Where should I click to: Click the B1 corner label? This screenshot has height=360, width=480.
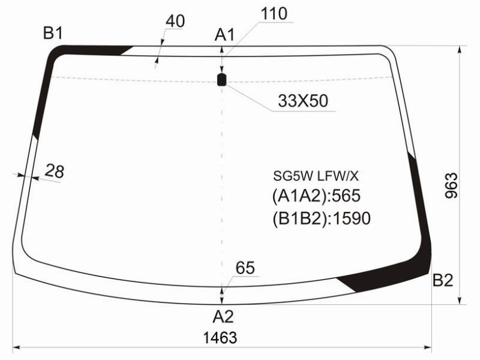pyautogui.click(x=53, y=33)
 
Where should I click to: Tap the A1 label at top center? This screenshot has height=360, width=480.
pyautogui.click(x=224, y=34)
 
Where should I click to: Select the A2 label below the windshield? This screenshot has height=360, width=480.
pyautogui.click(x=223, y=316)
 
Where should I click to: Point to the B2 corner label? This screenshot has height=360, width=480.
pyautogui.click(x=443, y=280)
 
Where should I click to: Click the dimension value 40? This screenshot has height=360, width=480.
pyautogui.click(x=175, y=21)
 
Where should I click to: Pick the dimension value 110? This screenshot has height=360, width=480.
pyautogui.click(x=274, y=14)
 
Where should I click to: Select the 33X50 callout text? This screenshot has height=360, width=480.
pyautogui.click(x=303, y=101)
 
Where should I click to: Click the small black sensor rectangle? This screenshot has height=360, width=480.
pyautogui.click(x=221, y=80)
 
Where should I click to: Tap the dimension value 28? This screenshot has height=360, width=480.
pyautogui.click(x=55, y=171)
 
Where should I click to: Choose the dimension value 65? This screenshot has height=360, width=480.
pyautogui.click(x=245, y=268)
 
